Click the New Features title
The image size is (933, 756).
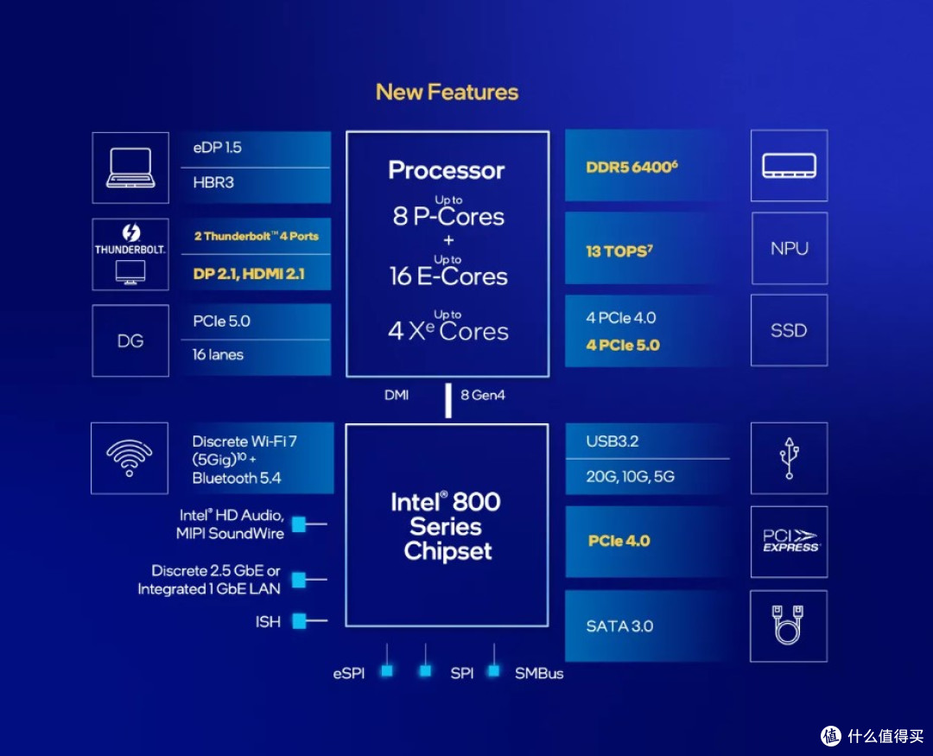[x=447, y=92]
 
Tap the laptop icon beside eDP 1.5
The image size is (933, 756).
[x=131, y=168]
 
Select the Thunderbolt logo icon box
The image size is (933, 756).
[x=130, y=254]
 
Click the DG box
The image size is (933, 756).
[x=130, y=340]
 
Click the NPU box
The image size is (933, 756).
[x=790, y=248]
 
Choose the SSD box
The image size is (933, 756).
[x=789, y=330]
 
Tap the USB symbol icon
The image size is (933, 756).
[x=789, y=459]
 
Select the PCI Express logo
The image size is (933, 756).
[x=790, y=541]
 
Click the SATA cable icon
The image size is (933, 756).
[x=788, y=625]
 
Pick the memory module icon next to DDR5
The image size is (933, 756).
[x=790, y=166]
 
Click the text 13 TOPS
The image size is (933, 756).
[x=619, y=251]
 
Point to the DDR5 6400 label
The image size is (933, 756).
[x=632, y=167]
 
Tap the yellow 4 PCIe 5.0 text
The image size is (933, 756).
[x=623, y=346]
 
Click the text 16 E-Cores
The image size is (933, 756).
[x=448, y=276]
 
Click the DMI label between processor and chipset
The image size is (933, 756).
[x=397, y=395]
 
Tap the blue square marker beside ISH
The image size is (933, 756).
[x=299, y=621]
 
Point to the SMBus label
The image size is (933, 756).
[x=539, y=673]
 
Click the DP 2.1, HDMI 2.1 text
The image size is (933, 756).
[x=249, y=274]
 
